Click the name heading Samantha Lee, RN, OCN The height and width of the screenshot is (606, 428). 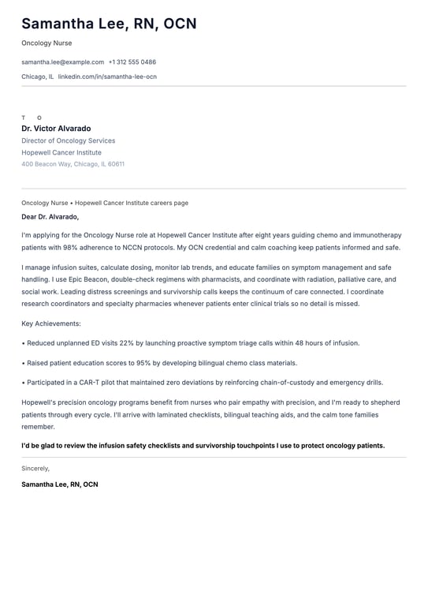(x=109, y=24)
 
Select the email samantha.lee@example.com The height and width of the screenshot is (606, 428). (x=63, y=62)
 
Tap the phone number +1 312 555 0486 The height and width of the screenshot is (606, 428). (x=132, y=62)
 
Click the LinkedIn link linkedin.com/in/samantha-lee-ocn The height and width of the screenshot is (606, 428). (x=107, y=77)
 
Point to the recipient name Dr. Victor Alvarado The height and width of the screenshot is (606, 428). (x=56, y=129)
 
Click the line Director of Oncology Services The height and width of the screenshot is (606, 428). (x=69, y=140)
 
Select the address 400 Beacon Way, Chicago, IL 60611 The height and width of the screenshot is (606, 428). (x=73, y=164)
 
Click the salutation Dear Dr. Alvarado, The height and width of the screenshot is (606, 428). (x=50, y=216)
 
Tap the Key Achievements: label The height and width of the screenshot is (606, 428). (x=51, y=324)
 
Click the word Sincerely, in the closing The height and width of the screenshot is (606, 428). (x=35, y=468)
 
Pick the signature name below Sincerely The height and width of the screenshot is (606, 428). (x=60, y=484)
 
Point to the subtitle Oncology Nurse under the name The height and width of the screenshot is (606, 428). (x=47, y=43)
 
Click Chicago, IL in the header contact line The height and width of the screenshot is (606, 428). (x=38, y=77)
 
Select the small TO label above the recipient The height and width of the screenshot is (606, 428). (x=32, y=118)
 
